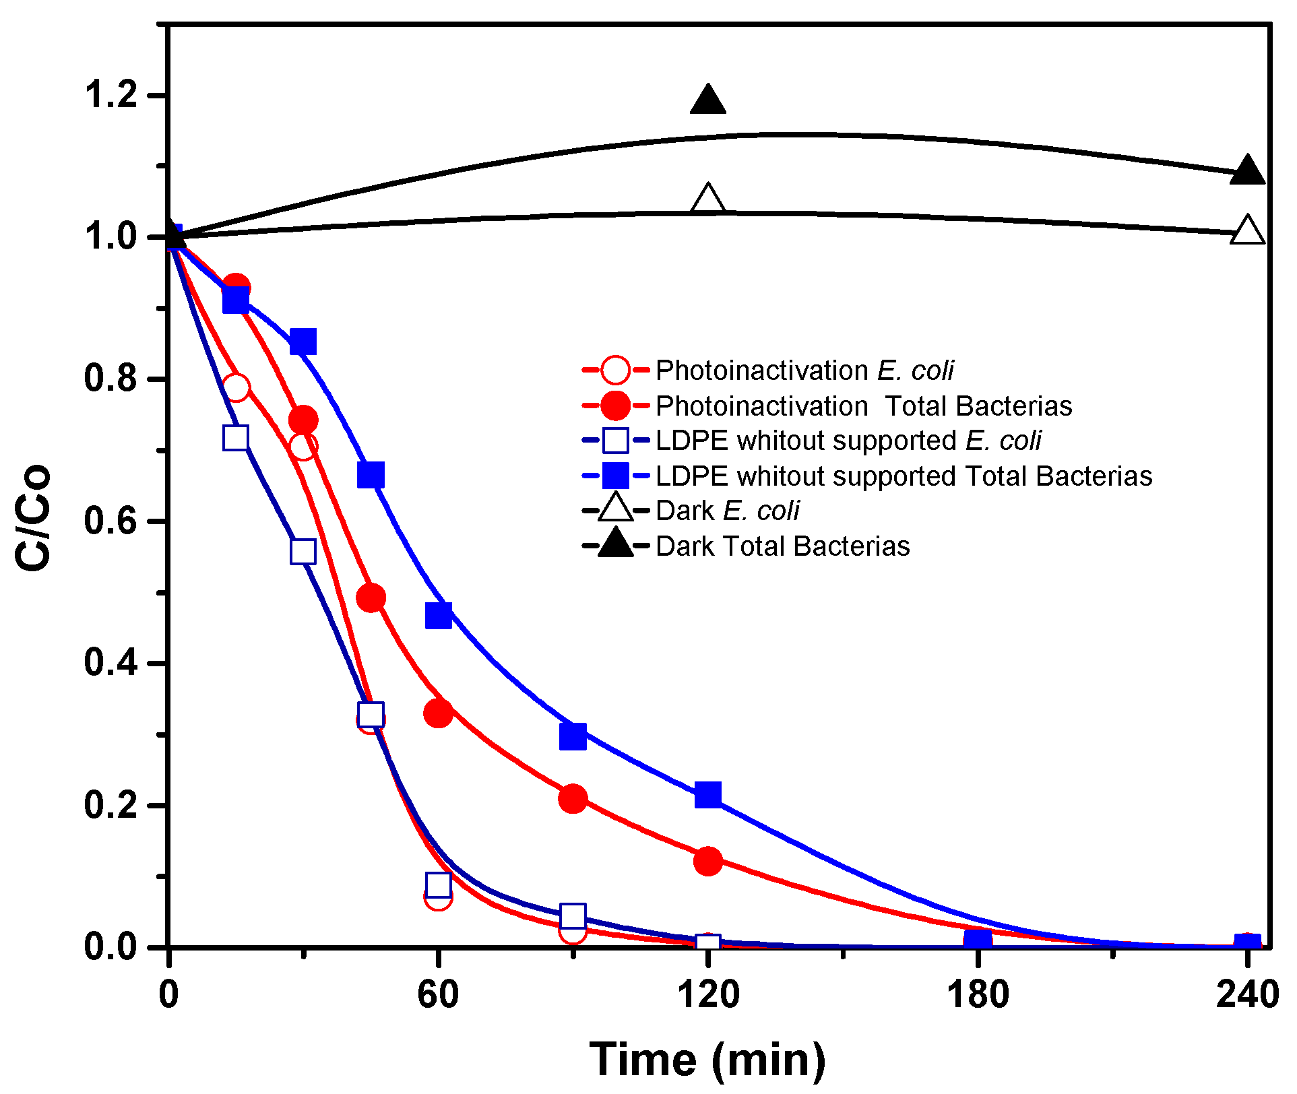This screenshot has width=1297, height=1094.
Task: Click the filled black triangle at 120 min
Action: tap(707, 101)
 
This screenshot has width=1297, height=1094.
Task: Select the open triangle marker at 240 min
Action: tap(1247, 232)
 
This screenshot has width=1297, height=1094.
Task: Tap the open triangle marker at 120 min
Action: tap(707, 200)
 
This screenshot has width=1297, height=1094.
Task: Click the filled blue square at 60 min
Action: tap(438, 615)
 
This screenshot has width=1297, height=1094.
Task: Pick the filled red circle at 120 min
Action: tap(707, 861)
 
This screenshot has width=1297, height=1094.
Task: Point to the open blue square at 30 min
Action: tap(303, 552)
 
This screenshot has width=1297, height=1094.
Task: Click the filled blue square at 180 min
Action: tap(977, 940)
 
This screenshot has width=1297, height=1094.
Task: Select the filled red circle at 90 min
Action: tap(573, 799)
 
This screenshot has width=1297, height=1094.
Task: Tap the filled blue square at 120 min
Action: tap(707, 795)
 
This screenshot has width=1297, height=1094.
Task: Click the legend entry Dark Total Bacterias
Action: tap(782, 546)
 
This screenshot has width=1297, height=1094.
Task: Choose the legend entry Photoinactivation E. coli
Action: tap(804, 371)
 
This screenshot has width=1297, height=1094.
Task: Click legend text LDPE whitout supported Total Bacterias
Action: tap(904, 476)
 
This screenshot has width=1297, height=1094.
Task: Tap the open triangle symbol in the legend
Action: tap(615, 509)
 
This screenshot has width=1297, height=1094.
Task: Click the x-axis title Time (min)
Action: tap(707, 1060)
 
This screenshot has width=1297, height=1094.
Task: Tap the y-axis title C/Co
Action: tap(34, 517)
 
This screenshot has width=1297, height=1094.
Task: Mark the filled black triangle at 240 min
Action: tap(1247, 170)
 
